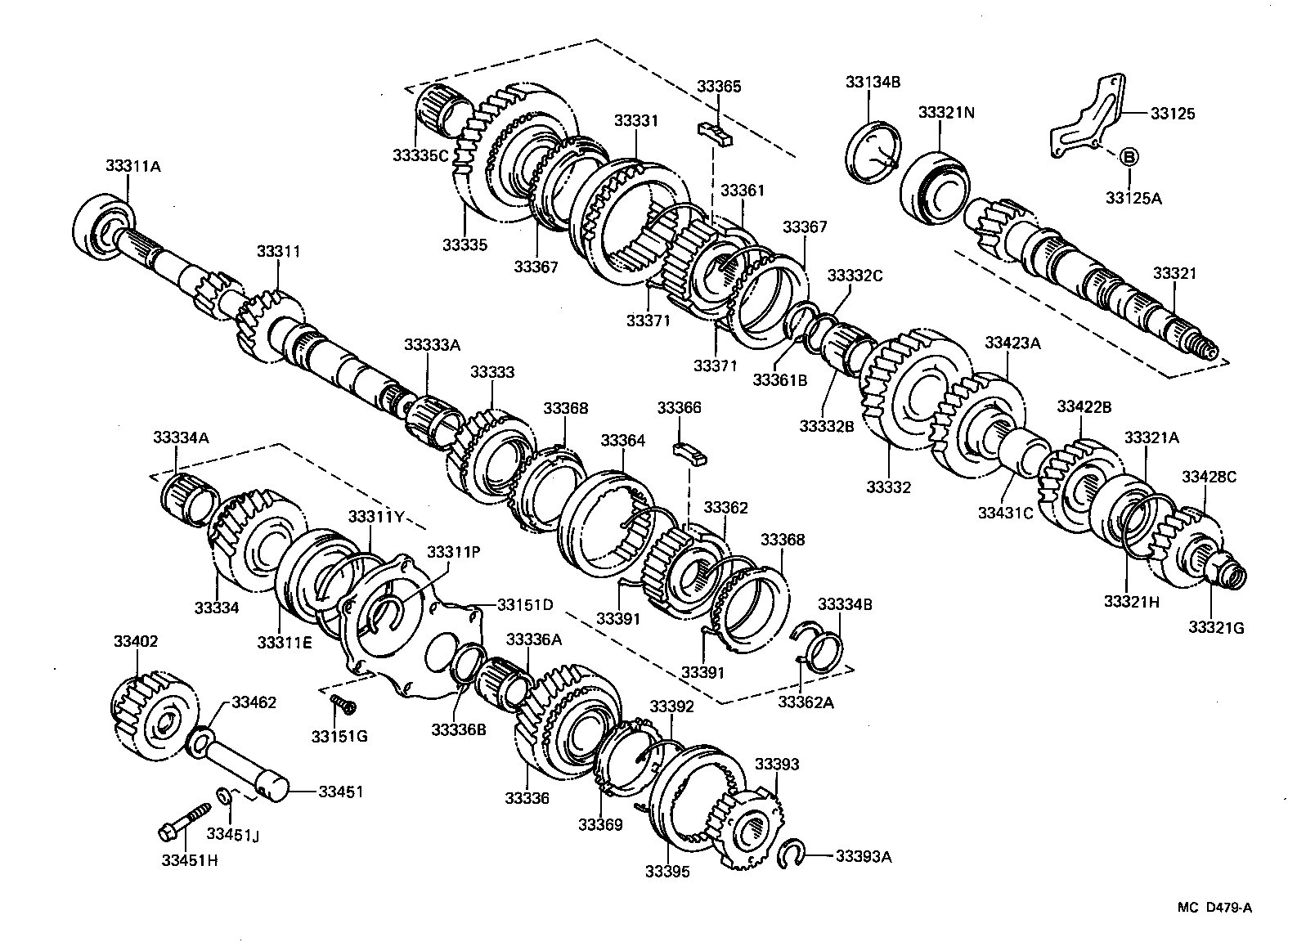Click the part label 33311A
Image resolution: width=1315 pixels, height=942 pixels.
click(132, 165)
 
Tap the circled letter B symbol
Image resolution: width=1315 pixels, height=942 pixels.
click(1128, 157)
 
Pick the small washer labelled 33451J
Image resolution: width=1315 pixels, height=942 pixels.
click(222, 795)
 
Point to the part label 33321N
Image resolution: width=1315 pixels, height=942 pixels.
click(945, 112)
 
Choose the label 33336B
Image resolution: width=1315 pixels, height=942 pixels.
click(459, 729)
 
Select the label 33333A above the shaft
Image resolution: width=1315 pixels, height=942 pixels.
click(432, 344)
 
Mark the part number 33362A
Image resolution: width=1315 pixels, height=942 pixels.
click(806, 702)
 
